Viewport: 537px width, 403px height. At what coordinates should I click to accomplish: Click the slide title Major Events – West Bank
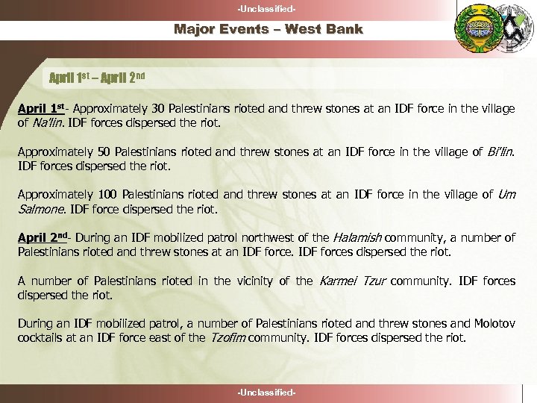click(x=268, y=30)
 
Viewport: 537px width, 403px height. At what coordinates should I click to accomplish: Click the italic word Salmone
click(x=43, y=210)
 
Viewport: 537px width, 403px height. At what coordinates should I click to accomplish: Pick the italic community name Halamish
click(x=356, y=238)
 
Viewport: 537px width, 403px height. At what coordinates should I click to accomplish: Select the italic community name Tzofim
click(x=227, y=338)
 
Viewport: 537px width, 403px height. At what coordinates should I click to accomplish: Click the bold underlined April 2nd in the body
click(x=43, y=238)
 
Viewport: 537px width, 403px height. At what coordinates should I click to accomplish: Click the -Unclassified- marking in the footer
click(x=268, y=392)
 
